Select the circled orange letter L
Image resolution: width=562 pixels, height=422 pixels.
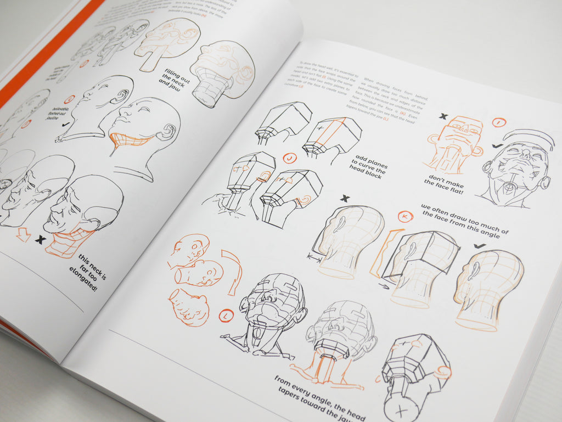coord(226,316)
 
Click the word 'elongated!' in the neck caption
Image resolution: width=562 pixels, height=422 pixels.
coord(84,277)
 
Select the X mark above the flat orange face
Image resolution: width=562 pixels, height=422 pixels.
coord(443,117)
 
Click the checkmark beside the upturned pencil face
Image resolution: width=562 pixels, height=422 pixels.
coord(498,145)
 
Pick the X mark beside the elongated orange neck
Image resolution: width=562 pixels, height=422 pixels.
coord(40,239)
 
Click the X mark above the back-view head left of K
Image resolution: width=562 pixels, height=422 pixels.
coord(345,198)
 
